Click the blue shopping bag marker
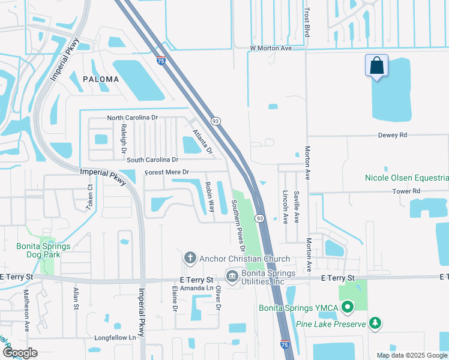(x=376, y=65)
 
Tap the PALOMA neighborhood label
(x=97, y=79)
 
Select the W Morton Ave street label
(x=271, y=47)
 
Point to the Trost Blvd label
(x=307, y=22)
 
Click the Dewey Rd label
(x=393, y=135)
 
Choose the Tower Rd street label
(x=406, y=191)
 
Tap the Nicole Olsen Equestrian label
(x=406, y=178)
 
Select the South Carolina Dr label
(x=152, y=160)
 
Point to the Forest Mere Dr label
(x=167, y=173)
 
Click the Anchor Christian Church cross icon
(x=190, y=259)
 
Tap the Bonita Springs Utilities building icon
(x=232, y=276)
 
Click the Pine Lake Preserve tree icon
(x=375, y=324)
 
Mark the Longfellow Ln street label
(x=115, y=337)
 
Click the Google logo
(x=20, y=353)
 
